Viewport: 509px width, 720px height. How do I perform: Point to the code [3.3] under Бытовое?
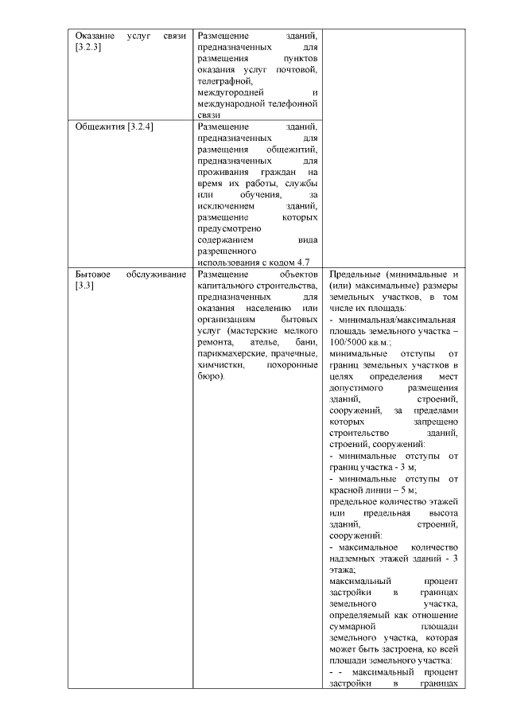coord(84,286)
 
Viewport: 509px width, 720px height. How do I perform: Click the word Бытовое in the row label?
coord(94,274)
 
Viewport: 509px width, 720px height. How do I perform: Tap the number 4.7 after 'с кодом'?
coord(302,262)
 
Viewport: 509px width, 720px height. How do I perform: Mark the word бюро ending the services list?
coord(210,376)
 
